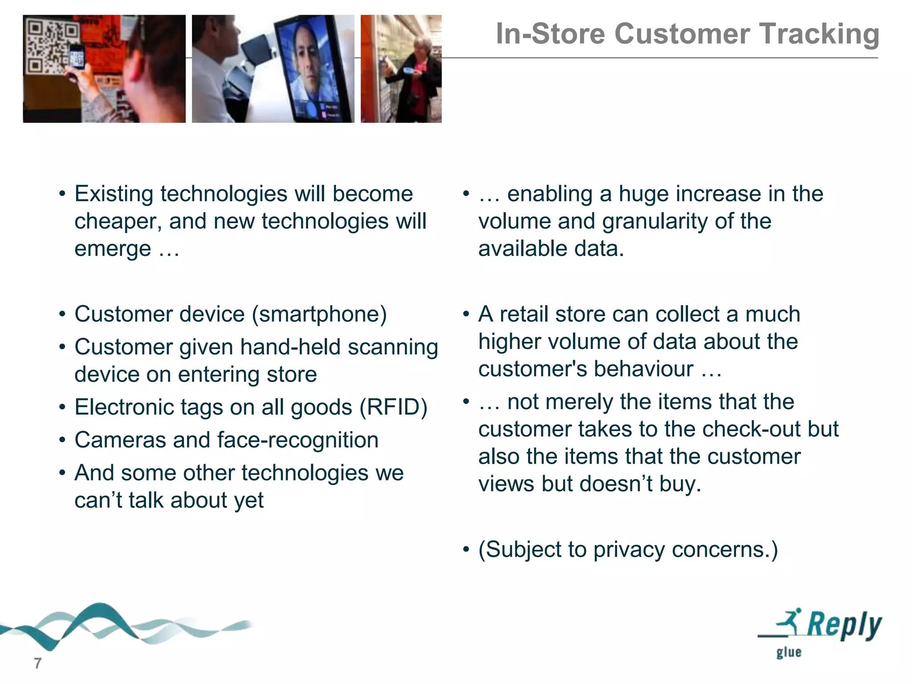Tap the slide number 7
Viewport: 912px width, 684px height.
(x=38, y=663)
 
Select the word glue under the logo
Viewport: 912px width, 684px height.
(x=789, y=652)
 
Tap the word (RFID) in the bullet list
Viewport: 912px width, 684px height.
(x=393, y=407)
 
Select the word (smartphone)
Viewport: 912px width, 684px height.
(x=319, y=314)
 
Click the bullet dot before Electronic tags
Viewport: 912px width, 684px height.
(x=63, y=407)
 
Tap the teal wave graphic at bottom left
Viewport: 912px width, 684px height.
(x=98, y=623)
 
